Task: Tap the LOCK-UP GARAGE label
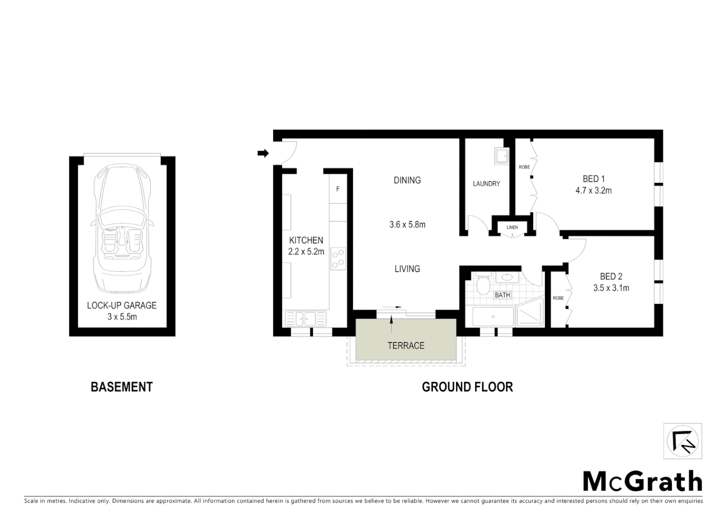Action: point(122,305)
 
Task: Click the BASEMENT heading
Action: point(122,387)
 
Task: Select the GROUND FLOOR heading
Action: point(467,387)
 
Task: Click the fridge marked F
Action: point(338,189)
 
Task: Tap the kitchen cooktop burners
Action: point(338,259)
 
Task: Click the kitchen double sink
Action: point(305,318)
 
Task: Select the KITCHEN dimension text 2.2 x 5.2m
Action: point(306,252)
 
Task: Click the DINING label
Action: point(407,180)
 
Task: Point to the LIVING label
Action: point(407,269)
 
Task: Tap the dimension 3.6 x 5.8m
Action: point(407,225)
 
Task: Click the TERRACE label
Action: point(406,345)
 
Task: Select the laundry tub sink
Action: point(501,156)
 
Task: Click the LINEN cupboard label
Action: point(512,228)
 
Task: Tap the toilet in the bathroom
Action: point(484,285)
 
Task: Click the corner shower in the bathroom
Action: point(530,313)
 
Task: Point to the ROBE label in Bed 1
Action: point(524,167)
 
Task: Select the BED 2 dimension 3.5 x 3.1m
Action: point(611,288)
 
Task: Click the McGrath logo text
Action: point(642,482)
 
